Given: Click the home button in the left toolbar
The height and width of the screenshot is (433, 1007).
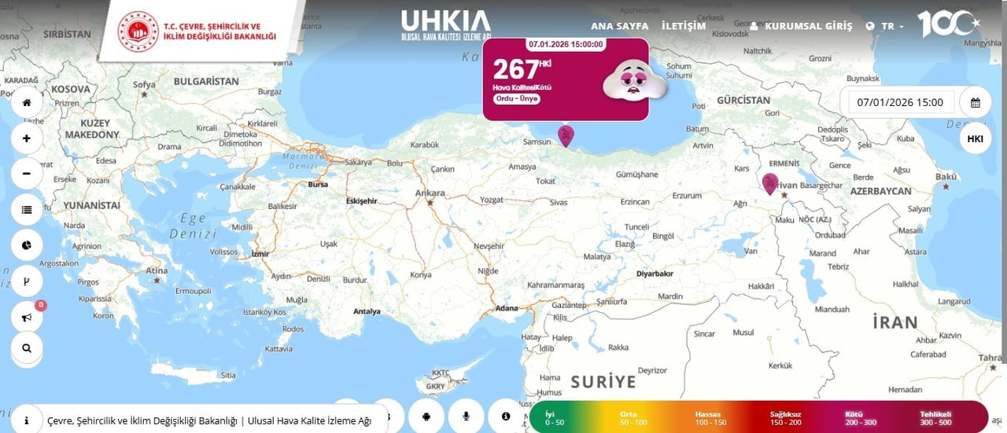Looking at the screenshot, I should click(x=27, y=103).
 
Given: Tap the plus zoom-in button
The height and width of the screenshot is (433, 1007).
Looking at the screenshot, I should click(x=27, y=138).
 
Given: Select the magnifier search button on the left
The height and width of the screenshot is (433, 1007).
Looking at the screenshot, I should click(x=27, y=347).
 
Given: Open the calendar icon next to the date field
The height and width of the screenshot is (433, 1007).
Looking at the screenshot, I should click(x=976, y=102).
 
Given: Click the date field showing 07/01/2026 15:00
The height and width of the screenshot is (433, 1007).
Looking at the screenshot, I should click(x=900, y=102).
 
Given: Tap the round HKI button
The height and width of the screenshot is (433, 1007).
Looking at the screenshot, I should click(x=976, y=139).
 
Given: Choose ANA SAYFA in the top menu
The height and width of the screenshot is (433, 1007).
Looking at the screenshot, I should click(x=619, y=26).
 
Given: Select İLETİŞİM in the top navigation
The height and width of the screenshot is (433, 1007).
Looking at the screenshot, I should click(x=684, y=26).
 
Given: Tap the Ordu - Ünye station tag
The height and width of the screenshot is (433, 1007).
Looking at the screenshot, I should click(x=517, y=99).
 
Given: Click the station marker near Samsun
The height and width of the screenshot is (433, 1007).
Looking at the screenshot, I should click(x=566, y=136).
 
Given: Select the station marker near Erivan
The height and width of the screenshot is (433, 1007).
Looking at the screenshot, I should click(x=770, y=183).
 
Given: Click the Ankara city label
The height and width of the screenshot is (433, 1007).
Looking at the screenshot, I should click(x=430, y=193).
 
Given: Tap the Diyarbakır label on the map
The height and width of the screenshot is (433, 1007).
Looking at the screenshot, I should click(x=655, y=273).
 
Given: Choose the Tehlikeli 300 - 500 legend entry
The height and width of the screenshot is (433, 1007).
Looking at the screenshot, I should click(x=936, y=418).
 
